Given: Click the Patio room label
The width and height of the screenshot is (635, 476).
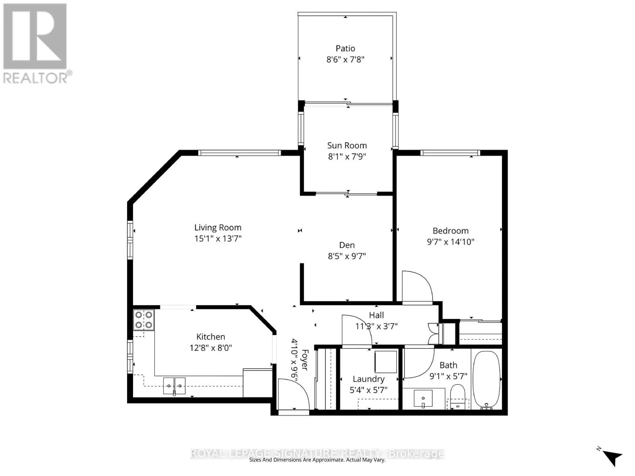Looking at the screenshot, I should coord(345,48).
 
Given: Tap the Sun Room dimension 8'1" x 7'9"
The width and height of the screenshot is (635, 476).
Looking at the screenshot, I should coord(347,157).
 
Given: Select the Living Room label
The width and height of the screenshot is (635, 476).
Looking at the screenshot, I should coord(217,227).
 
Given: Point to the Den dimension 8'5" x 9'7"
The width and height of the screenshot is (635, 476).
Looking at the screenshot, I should coord(347,256).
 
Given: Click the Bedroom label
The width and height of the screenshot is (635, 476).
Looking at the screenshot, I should coord(450,230).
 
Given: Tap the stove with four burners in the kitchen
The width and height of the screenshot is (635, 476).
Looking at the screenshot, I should coord(144,320).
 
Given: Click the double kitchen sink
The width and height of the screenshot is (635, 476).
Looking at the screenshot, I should coord(174,386).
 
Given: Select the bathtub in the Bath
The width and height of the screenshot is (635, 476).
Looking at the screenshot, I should coord(486,379).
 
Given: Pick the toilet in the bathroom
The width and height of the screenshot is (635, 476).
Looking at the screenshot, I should coord(458,395).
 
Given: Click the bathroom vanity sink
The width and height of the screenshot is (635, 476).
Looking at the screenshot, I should coord(423,398).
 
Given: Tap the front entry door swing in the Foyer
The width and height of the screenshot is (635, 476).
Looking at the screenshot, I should coord(292,395).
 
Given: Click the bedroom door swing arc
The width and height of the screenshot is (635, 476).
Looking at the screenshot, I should coord(417,287).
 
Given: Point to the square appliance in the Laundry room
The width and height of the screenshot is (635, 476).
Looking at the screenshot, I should coord(386,362).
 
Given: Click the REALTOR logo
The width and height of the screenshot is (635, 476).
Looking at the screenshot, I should coord(36,44).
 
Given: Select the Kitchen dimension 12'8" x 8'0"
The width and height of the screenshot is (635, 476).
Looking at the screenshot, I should coord(211,348).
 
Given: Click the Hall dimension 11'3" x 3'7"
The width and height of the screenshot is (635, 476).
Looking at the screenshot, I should coord(376,326).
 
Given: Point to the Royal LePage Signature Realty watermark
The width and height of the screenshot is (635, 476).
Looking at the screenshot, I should coord(317,453).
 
